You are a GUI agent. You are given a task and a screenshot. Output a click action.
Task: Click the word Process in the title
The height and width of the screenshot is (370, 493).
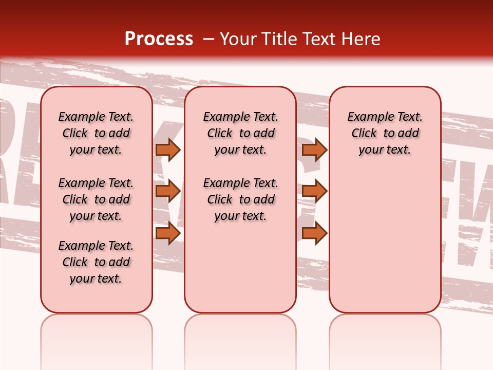pyautogui.click(x=159, y=39)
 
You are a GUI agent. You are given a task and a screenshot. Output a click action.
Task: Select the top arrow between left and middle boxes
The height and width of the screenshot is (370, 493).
pyautogui.click(x=168, y=150)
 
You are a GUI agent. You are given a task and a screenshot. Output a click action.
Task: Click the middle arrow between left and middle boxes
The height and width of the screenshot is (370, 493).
pyautogui.click(x=168, y=191)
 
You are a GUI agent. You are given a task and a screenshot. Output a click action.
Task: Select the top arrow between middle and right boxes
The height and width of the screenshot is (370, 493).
pyautogui.click(x=314, y=150)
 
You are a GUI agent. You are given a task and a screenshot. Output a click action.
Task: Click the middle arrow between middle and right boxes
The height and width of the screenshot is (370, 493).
pyautogui.click(x=314, y=191)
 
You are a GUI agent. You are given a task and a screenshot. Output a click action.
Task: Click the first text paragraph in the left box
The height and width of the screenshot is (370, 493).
pyautogui.click(x=96, y=133)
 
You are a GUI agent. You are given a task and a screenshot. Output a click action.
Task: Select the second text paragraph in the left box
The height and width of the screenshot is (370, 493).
pyautogui.click(x=96, y=199)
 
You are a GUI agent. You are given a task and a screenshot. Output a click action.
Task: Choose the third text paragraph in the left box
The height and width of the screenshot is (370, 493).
pyautogui.click(x=96, y=262)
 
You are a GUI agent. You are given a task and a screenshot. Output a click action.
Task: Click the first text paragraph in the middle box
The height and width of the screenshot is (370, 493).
pyautogui.click(x=240, y=133)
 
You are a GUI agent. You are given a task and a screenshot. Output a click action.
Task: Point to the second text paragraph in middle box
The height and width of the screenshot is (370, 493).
pyautogui.click(x=240, y=199)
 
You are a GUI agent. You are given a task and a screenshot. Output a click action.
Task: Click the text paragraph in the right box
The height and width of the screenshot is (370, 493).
pyautogui.click(x=385, y=133)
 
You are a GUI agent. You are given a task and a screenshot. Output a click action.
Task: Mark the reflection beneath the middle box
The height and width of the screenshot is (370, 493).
pyautogui.click(x=240, y=334)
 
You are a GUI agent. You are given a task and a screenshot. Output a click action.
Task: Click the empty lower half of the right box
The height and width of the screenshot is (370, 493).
pyautogui.click(x=385, y=247)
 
